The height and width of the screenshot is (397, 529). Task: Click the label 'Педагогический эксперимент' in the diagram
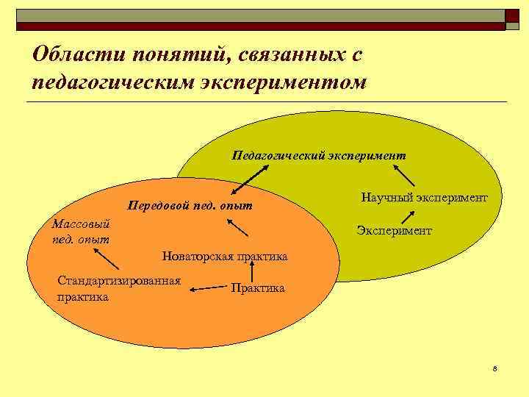[x=318, y=156]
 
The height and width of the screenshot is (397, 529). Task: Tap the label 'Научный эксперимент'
[x=425, y=198]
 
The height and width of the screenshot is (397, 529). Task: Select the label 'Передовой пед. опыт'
[x=190, y=205]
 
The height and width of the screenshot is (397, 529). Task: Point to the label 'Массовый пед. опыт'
[x=82, y=231]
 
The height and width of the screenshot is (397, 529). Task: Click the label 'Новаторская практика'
[x=225, y=257]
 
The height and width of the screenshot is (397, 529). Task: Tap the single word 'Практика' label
[x=257, y=288]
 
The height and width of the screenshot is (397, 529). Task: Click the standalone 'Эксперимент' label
[x=395, y=231]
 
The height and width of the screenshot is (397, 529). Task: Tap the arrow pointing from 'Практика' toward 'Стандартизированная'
[x=207, y=290]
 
